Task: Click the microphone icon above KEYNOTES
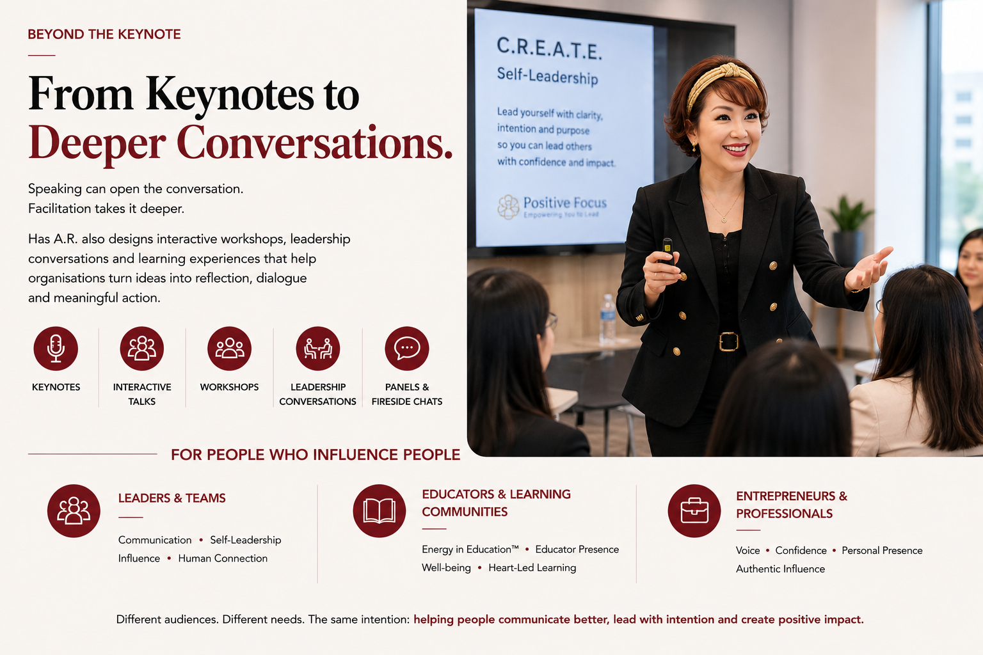56,349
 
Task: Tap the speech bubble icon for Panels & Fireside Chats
407,349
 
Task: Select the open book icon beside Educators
379,510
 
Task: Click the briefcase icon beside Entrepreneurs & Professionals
694,510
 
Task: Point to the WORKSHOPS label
229,387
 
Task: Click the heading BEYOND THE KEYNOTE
104,34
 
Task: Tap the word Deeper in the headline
97,143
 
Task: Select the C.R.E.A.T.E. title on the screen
549,49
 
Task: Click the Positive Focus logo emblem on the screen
508,207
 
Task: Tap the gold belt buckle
728,342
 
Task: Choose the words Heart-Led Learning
532,568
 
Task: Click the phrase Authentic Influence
780,569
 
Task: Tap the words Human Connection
223,558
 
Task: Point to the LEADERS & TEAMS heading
172,498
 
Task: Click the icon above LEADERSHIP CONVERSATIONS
317,349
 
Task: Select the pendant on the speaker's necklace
724,219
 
